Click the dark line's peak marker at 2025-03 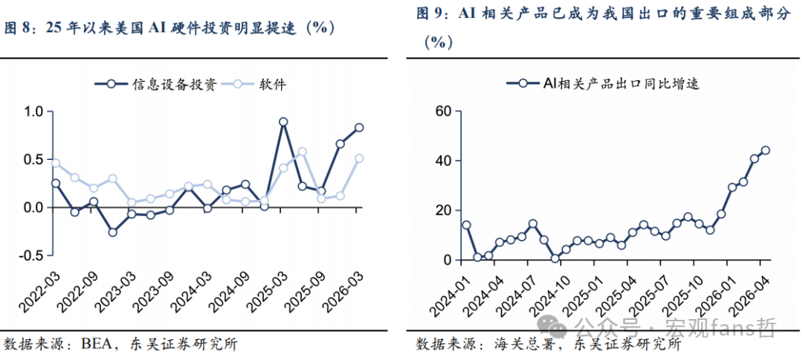(x=283, y=121)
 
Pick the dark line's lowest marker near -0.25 (x=113, y=232)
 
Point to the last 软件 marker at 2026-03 (x=359, y=158)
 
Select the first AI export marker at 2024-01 (x=466, y=225)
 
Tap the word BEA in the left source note (x=94, y=344)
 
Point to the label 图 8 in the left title (x=18, y=29)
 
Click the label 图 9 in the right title (x=430, y=14)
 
